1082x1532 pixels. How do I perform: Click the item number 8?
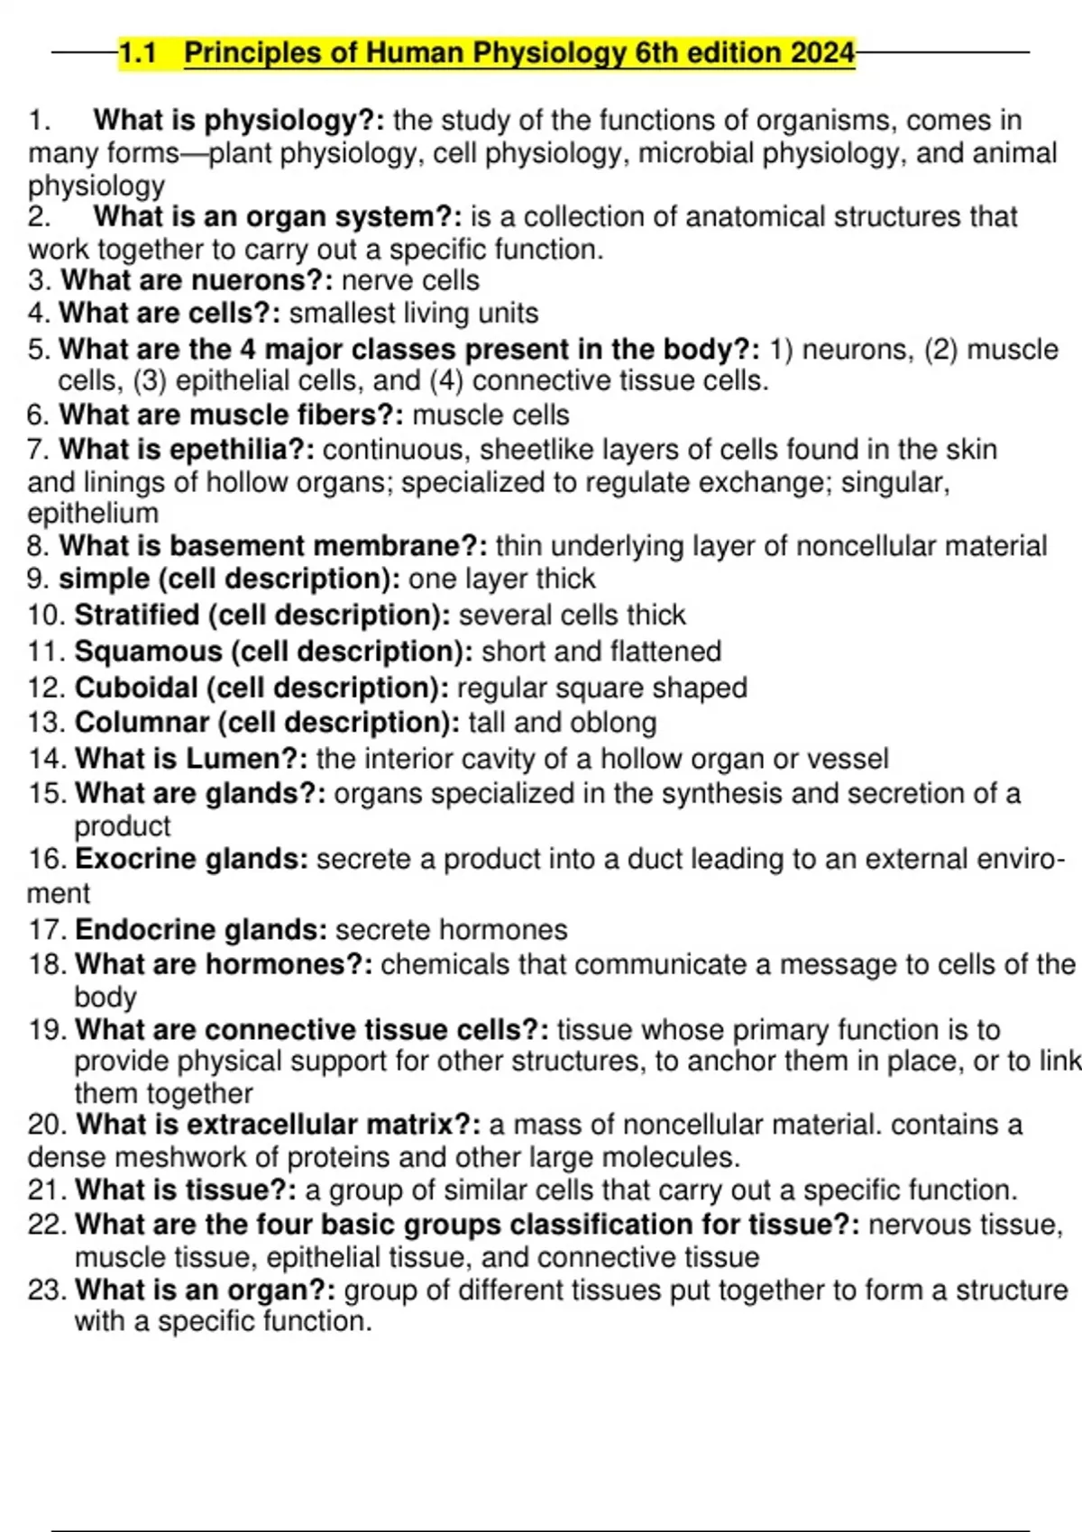tap(39, 546)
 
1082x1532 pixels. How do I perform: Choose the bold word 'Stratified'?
tap(137, 615)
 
